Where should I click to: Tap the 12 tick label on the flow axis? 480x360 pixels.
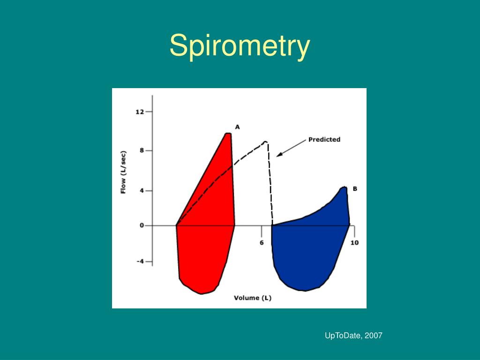(139, 112)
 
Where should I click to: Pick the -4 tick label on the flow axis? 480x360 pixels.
(140, 262)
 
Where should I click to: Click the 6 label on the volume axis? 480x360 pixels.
(262, 242)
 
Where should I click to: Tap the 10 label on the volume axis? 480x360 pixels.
(354, 242)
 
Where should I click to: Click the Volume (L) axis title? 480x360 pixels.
(253, 298)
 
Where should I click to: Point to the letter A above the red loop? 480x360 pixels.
(237, 127)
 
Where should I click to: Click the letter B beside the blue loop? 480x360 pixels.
(355, 189)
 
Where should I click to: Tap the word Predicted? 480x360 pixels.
(324, 139)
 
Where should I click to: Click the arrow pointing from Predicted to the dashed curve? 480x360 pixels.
(291, 148)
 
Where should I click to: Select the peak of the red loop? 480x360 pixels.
(228, 134)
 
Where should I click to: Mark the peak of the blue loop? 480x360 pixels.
(345, 187)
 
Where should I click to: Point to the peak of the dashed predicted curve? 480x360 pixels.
(266, 142)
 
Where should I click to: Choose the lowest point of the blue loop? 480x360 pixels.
(305, 291)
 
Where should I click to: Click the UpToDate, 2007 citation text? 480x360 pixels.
(353, 336)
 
